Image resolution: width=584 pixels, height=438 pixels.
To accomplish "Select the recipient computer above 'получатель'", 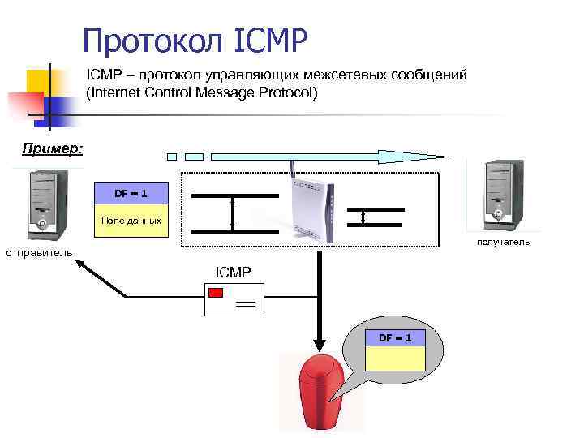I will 497,192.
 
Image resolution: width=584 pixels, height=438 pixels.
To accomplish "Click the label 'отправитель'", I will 39,252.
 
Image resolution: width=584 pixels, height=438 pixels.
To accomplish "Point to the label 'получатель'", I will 504,242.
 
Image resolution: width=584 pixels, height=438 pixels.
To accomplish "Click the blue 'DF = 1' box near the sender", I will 131,193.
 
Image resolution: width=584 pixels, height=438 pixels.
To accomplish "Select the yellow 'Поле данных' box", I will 131,221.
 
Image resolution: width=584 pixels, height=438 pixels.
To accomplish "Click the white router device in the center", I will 312,209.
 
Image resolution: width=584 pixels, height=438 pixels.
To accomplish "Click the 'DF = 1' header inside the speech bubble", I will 395,337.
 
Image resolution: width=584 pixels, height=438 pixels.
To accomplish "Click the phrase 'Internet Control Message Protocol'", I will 202,92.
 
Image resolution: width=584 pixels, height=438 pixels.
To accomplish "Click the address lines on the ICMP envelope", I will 246,306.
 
